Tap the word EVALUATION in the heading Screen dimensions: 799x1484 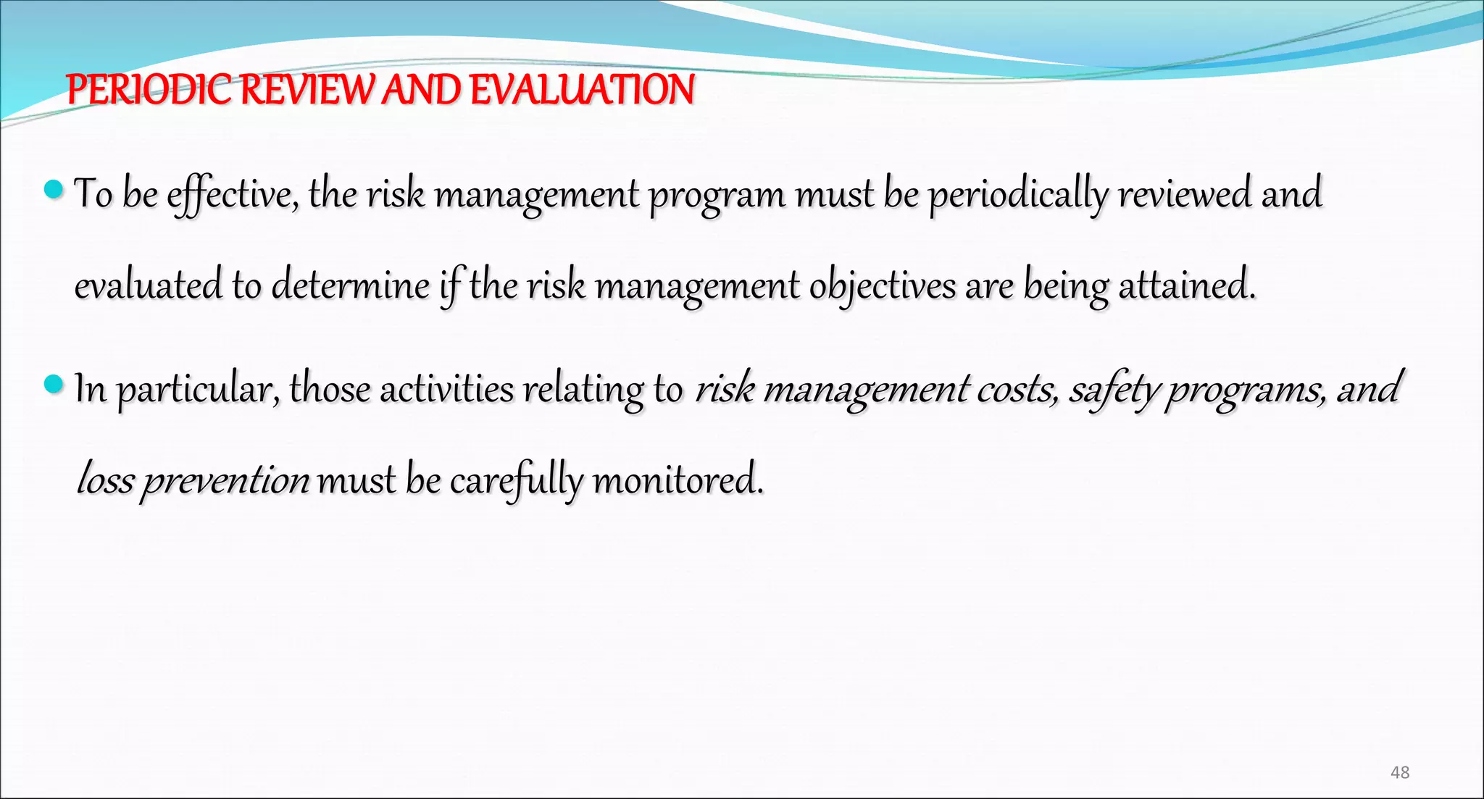click(x=582, y=90)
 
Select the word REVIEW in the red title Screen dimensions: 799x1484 click(x=308, y=90)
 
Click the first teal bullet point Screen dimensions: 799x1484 click(x=54, y=191)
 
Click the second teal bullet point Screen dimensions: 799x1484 click(x=54, y=384)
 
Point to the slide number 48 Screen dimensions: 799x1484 click(x=1400, y=772)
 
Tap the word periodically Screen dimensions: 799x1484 click(x=1018, y=195)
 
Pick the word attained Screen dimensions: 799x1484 click(x=1186, y=285)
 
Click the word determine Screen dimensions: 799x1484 click(x=351, y=285)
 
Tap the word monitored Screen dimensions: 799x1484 click(x=678, y=480)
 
